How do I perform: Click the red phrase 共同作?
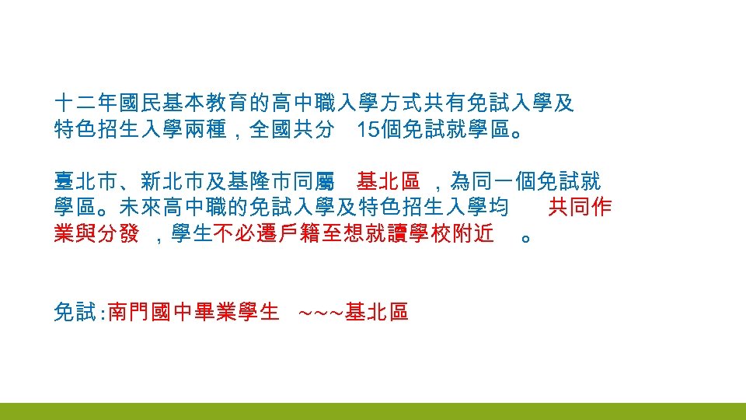580,208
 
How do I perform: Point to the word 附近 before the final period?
474,234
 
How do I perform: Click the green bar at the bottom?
373,411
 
